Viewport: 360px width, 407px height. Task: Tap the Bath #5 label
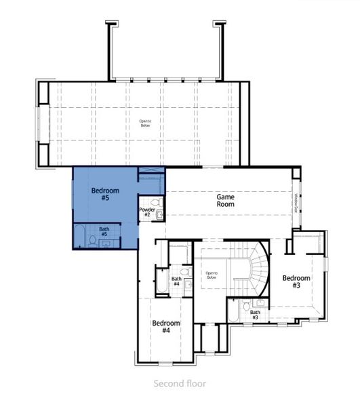pyautogui.click(x=104, y=231)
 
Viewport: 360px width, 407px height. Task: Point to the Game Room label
pyautogui.click(x=225, y=199)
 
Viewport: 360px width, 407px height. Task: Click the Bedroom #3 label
pyautogui.click(x=296, y=282)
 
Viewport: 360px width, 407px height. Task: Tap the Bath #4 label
pyautogui.click(x=176, y=282)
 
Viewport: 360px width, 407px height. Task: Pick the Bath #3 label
pyautogui.click(x=254, y=315)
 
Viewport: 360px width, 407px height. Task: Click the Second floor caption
pyautogui.click(x=180, y=383)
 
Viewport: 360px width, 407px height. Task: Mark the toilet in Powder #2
pyautogui.click(x=155, y=202)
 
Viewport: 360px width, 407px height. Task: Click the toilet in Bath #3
pyautogui.click(x=246, y=306)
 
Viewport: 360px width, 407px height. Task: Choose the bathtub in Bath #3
pyautogui.click(x=233, y=312)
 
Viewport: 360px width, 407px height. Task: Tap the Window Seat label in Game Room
pyautogui.click(x=296, y=203)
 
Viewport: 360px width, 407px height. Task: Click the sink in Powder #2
pyautogui.click(x=160, y=215)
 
